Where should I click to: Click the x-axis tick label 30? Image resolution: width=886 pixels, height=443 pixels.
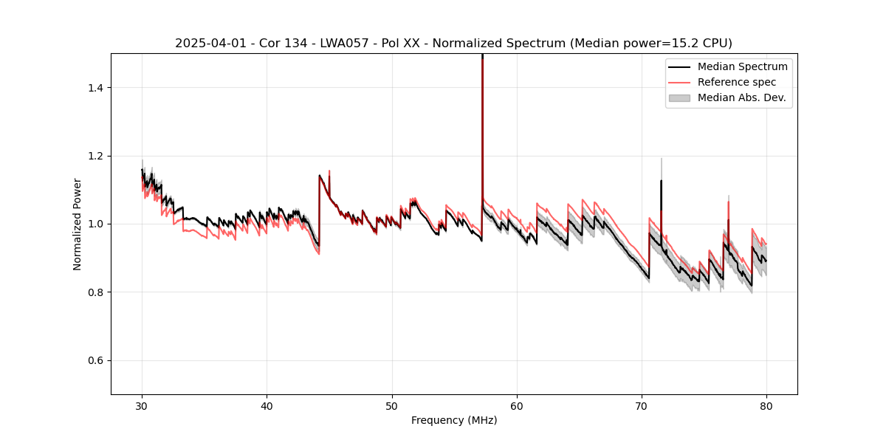pos(142,405)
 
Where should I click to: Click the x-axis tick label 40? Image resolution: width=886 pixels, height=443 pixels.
pos(267,405)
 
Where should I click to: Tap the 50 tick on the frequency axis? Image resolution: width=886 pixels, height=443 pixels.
pos(392,405)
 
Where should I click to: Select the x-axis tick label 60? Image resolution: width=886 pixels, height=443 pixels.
pos(517,405)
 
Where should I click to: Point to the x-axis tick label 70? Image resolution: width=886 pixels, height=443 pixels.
pos(642,405)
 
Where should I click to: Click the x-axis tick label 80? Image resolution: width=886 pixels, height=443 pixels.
pos(766,405)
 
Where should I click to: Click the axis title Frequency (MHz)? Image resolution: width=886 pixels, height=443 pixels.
pos(454,420)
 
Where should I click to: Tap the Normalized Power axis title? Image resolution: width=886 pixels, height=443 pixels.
pos(78,224)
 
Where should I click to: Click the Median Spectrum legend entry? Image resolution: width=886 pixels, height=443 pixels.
pos(742,66)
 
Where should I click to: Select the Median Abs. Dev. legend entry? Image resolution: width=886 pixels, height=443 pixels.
pos(741,97)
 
